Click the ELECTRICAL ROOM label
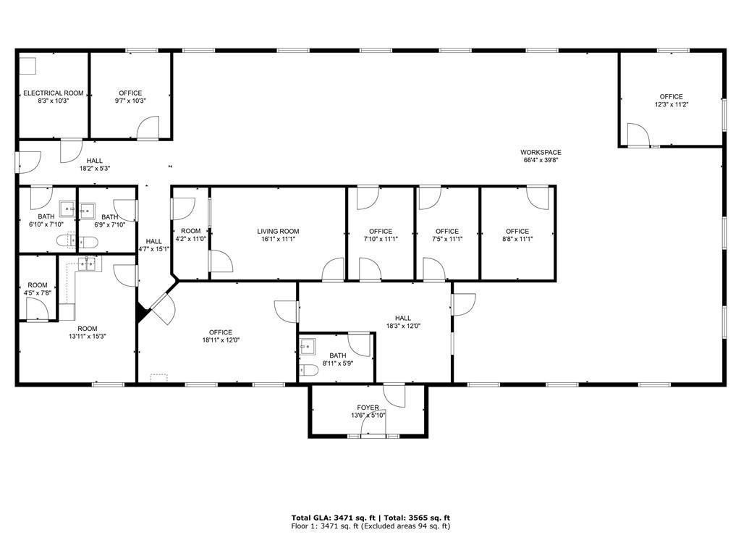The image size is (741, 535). click(x=54, y=93)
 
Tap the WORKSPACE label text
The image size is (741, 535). click(x=541, y=152)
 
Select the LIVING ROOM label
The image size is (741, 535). click(x=278, y=231)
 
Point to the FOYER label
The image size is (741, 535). click(x=368, y=408)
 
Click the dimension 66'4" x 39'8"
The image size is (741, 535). click(x=541, y=160)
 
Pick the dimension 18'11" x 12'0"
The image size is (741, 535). click(x=221, y=340)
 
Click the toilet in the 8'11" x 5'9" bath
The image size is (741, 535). click(x=308, y=371)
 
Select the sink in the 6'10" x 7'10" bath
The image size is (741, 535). click(x=67, y=208)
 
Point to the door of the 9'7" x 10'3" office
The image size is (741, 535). click(x=148, y=127)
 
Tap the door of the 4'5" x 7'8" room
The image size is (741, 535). click(x=37, y=310)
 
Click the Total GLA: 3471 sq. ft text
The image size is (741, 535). click(x=336, y=518)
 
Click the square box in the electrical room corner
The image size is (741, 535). click(x=28, y=66)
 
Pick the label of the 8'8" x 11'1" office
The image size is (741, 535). click(x=517, y=235)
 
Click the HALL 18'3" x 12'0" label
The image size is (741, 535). click(x=403, y=322)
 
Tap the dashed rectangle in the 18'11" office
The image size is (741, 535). click(x=158, y=378)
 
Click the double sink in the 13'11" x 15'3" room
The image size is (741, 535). click(x=87, y=264)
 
